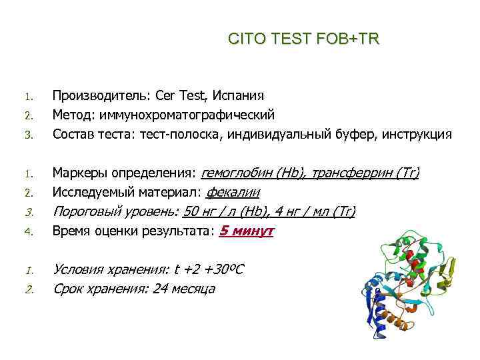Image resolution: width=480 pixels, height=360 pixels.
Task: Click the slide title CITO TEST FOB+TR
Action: point(303,39)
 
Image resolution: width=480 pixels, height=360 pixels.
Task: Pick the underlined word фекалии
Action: point(233,193)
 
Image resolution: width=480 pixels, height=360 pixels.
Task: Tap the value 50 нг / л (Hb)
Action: point(229,212)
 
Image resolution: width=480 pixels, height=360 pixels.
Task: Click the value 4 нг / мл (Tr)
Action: point(318,212)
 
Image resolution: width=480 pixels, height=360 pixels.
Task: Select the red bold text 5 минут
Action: point(246,231)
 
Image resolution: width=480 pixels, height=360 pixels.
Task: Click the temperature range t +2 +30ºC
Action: point(208,270)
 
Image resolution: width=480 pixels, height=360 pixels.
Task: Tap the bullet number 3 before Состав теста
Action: point(29,136)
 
